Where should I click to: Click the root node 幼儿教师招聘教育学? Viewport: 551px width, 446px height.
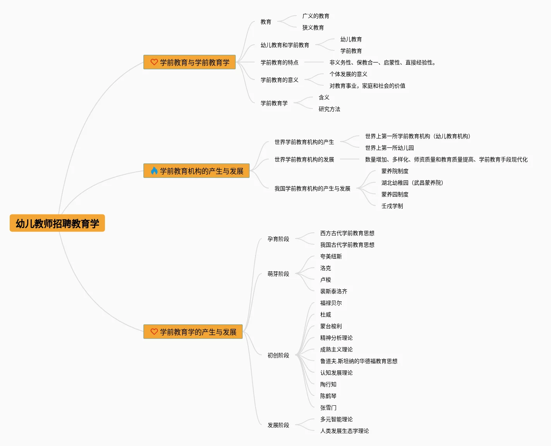pos(57,223)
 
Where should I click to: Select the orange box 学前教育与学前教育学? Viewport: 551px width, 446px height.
pos(190,62)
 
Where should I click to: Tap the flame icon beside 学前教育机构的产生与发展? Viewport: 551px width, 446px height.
pos(154,171)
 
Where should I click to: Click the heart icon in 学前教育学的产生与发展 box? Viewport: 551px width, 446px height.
pos(154,332)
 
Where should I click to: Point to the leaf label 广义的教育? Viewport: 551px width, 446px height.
pos(316,16)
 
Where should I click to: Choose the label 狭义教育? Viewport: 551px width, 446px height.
pos(313,28)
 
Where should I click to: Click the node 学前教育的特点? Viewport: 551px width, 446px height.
pos(279,62)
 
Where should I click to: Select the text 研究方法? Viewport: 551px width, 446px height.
pos(329,109)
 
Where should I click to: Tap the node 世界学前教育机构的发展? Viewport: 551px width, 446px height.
pos(304,159)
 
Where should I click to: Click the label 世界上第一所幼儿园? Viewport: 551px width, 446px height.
pos(389,148)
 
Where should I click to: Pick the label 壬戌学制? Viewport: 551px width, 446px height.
pos(392,206)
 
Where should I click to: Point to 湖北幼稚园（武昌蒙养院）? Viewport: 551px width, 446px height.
pos(412,183)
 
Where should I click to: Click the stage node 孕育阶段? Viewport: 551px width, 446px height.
pos(278,239)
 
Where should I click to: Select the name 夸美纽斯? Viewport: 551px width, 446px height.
pos(331,256)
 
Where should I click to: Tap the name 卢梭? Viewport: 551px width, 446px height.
pos(325,280)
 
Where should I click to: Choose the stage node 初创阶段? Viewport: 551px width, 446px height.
pos(278,355)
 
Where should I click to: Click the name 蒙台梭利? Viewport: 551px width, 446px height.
pos(331,326)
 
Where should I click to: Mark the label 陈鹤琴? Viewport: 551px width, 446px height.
pos(328,396)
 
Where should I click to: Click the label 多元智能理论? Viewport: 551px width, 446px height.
pos(336,419)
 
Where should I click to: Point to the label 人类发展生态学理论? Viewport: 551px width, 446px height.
pos(344,431)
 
